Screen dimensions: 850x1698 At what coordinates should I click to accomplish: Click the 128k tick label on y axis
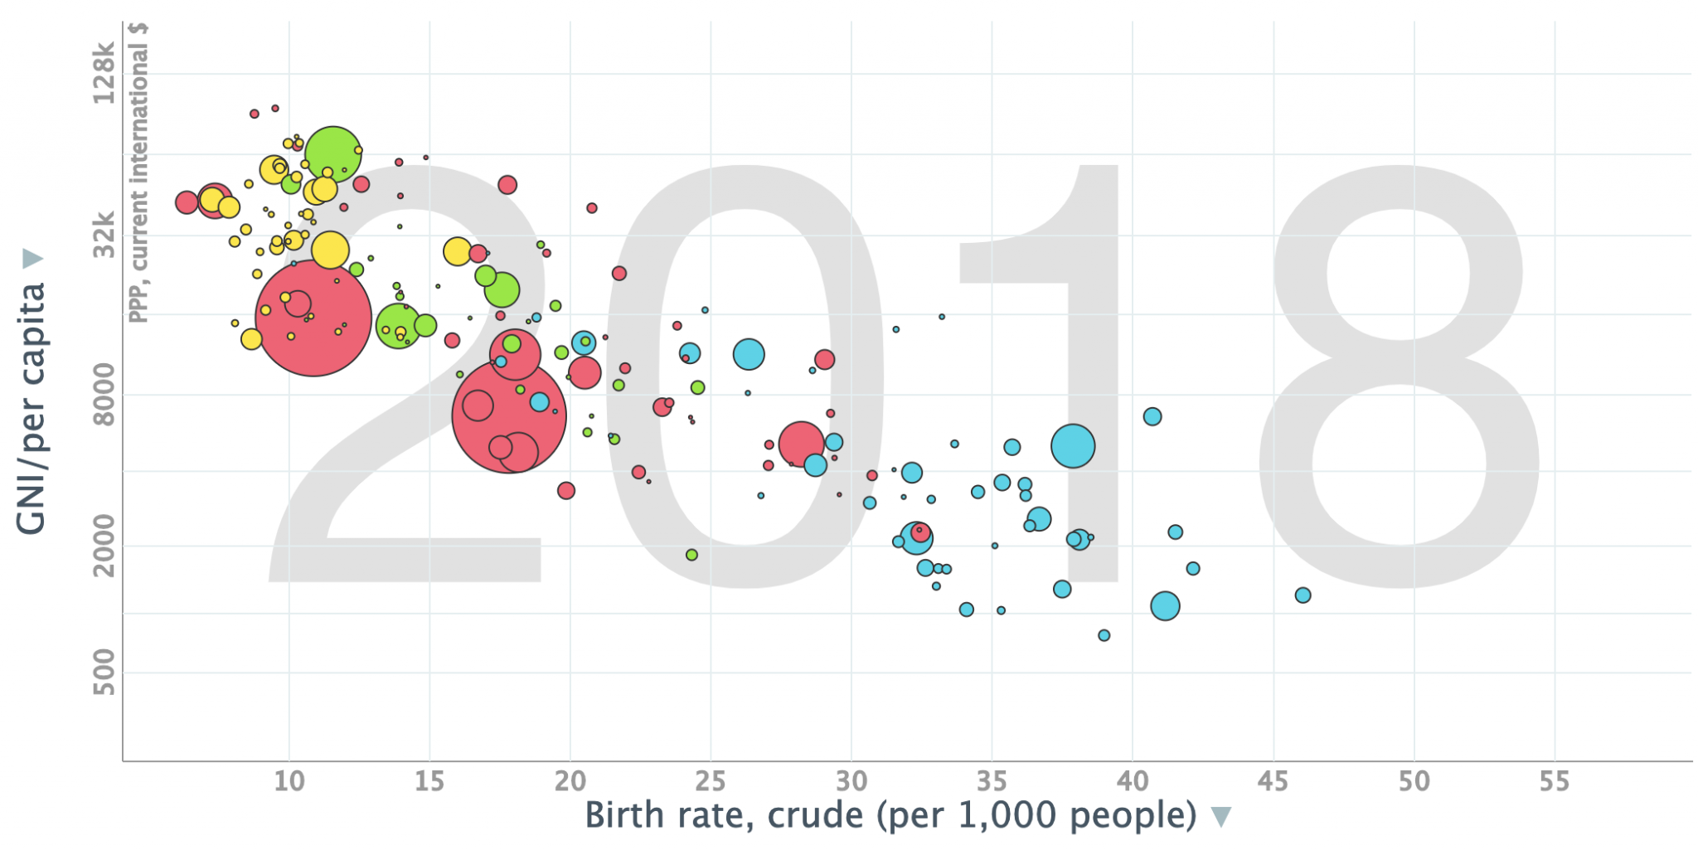coord(104,75)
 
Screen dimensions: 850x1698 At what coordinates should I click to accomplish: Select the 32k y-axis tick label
coord(104,236)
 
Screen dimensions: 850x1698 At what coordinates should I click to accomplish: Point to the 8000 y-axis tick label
coord(104,395)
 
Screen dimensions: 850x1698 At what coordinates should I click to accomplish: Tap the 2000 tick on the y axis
coord(104,546)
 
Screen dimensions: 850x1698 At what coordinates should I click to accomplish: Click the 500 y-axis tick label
coord(104,673)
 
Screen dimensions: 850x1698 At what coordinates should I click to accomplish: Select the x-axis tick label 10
coord(289,781)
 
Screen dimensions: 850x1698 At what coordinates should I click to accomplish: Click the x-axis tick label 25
coord(711,781)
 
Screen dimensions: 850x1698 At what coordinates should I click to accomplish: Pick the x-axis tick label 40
coord(1133,781)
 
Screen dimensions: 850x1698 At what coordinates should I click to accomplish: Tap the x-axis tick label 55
coord(1554,781)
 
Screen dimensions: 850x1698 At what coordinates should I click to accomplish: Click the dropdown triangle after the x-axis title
coord(1220,818)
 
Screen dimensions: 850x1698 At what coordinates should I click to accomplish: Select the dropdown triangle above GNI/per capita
coord(32,259)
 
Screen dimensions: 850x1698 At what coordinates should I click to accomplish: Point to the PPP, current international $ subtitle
coord(138,172)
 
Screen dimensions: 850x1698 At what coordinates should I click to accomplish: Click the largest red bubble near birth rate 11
coord(313,318)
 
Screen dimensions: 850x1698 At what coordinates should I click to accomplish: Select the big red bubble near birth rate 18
coord(509,416)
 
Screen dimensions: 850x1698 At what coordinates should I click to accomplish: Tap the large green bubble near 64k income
coord(333,154)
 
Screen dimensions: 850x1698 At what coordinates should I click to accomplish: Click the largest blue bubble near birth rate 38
coord(1073,446)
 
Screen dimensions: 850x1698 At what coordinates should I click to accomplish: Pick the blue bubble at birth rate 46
coord(1303,595)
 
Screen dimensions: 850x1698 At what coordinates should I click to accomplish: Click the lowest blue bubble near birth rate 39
coord(1104,635)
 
